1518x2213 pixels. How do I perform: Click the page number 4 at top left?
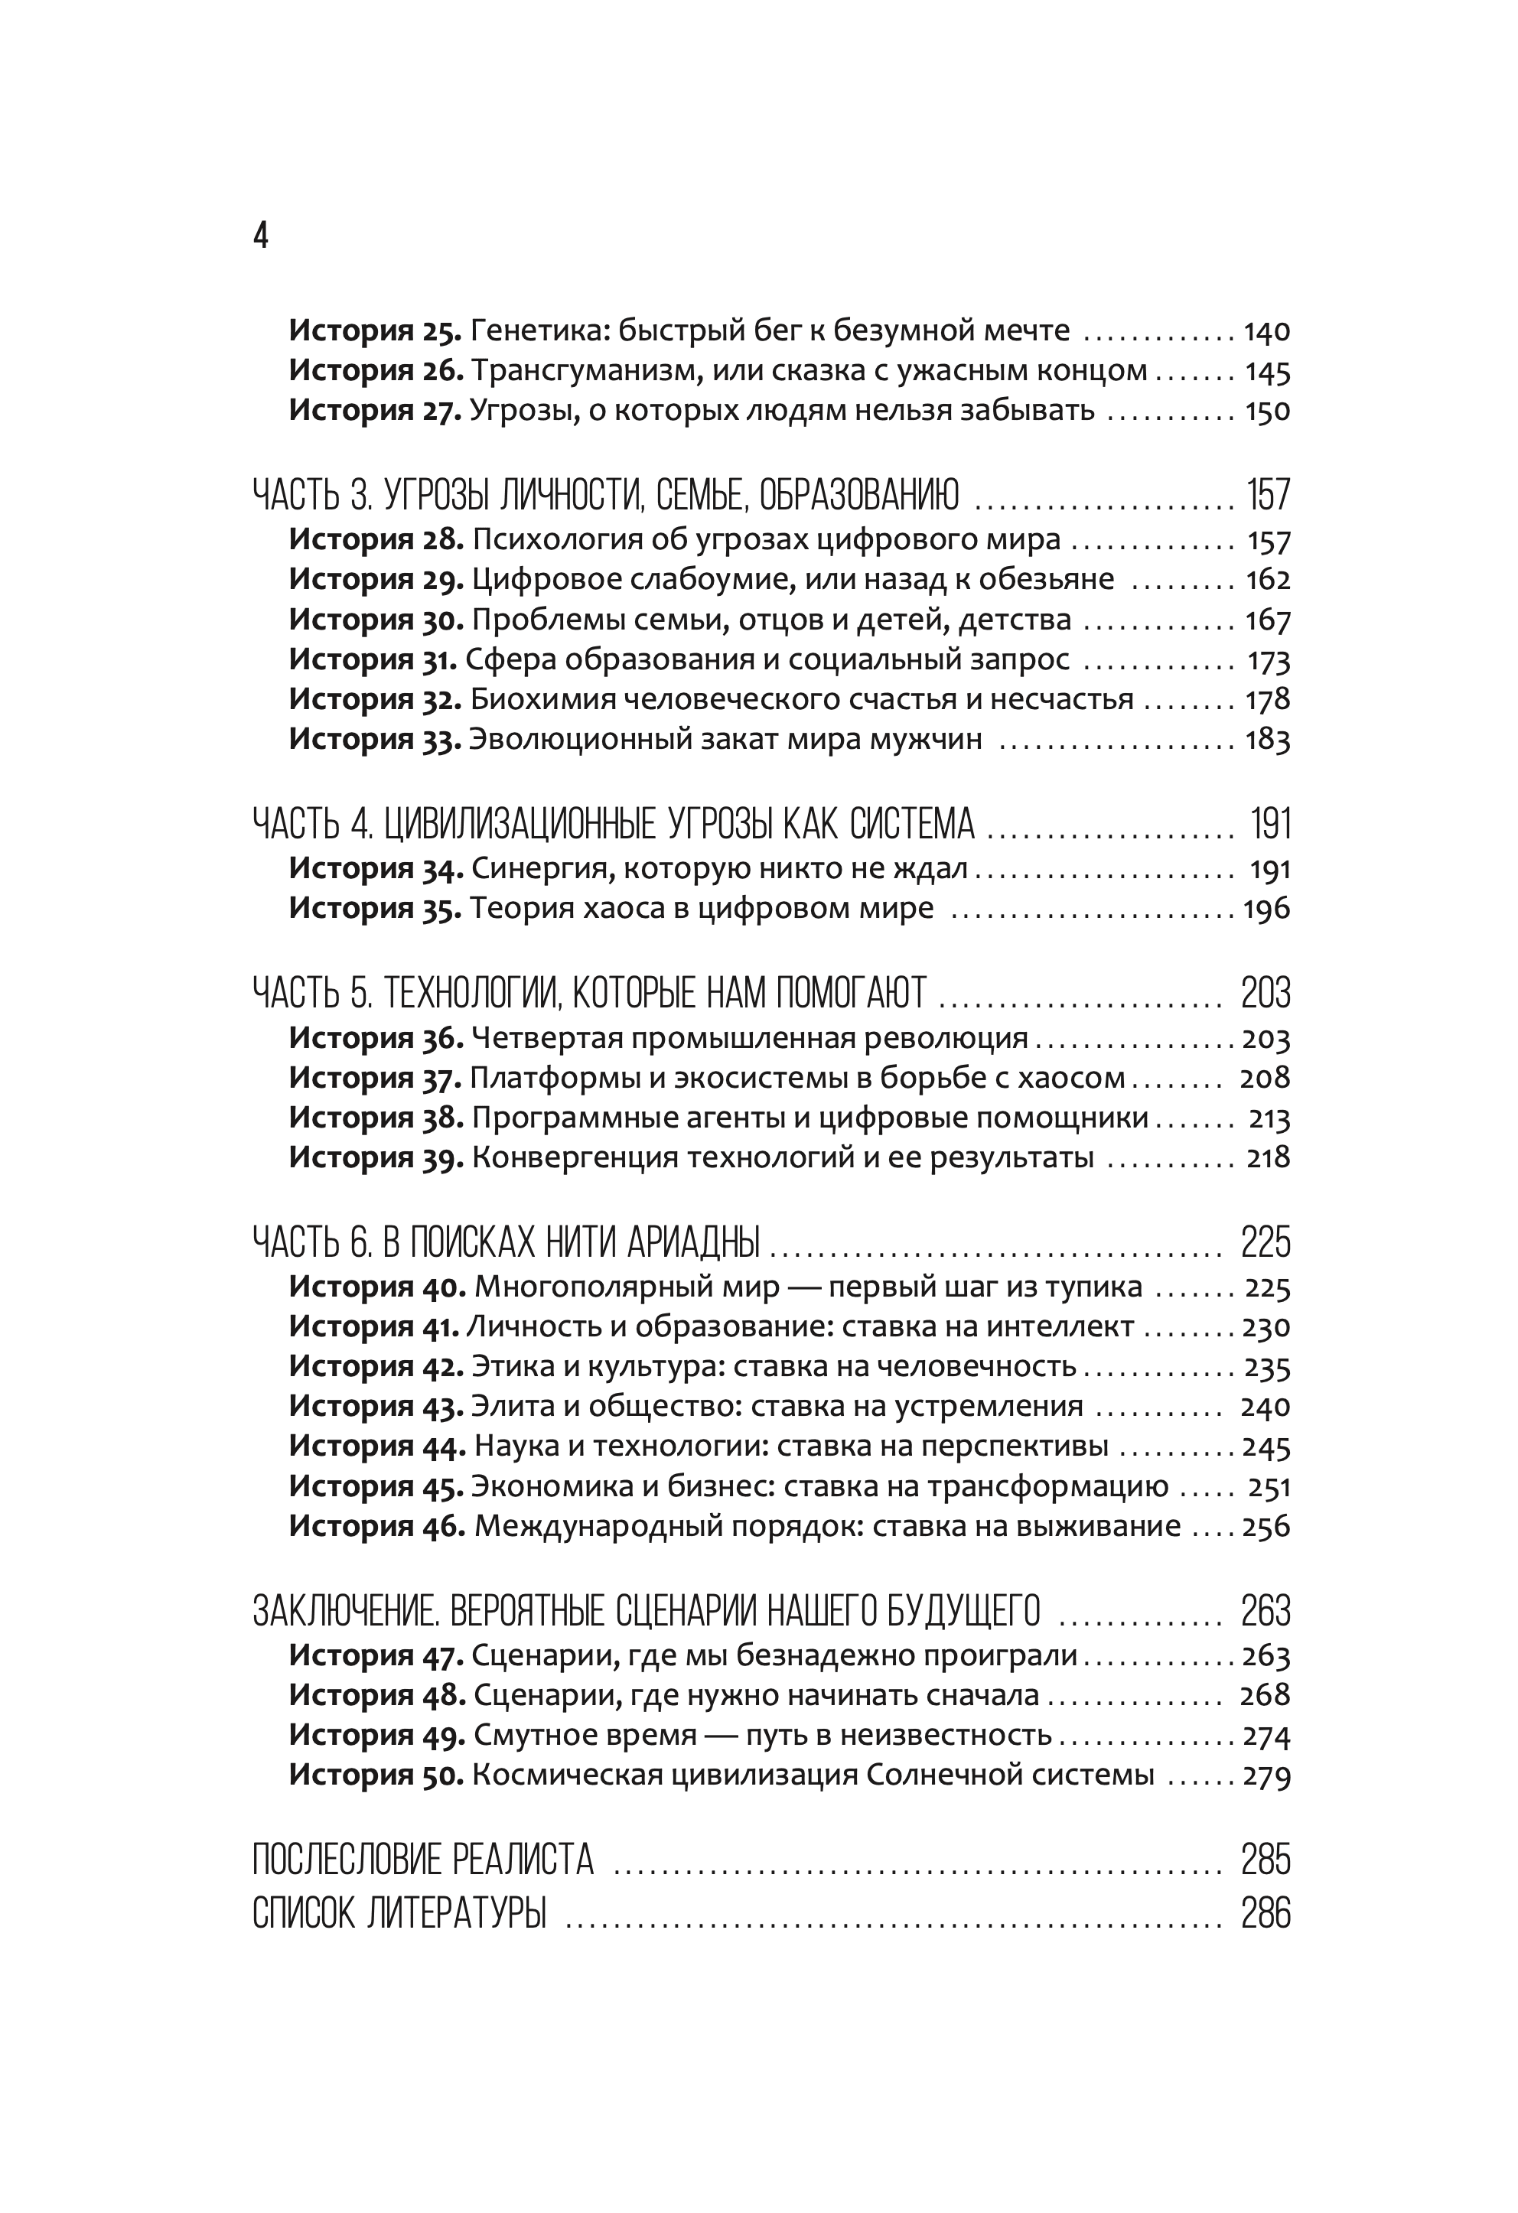pos(261,235)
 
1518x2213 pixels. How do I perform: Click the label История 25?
pos(375,330)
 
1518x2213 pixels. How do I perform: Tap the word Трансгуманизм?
pos(584,371)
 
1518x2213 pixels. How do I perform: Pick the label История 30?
pos(375,620)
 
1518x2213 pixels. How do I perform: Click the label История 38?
pos(375,1118)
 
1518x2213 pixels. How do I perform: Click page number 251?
pos(1269,1487)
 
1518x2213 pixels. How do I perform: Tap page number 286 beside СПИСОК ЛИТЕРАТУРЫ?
pos(1266,1913)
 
